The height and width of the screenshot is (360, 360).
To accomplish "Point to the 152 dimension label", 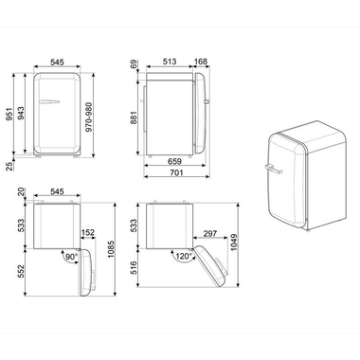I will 88,232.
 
